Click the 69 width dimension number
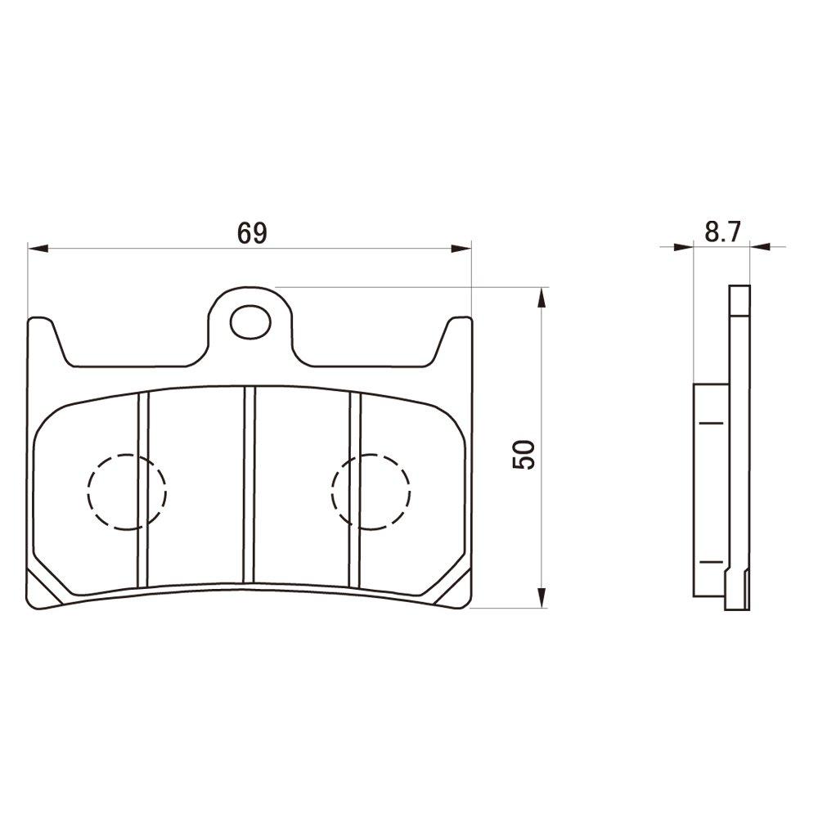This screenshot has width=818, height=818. [x=252, y=233]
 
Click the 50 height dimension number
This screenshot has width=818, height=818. [x=524, y=454]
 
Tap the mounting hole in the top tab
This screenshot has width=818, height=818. [x=249, y=322]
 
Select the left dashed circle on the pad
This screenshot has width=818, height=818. [x=127, y=492]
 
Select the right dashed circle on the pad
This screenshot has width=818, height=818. [x=371, y=492]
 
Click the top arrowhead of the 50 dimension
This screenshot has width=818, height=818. [x=541, y=295]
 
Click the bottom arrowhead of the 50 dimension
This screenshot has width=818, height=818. [x=541, y=600]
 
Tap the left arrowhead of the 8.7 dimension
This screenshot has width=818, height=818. [x=684, y=245]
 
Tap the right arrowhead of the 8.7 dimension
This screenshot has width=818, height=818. [x=758, y=245]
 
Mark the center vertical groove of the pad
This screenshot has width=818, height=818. [x=250, y=486]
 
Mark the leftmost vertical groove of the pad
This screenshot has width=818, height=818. [x=144, y=489]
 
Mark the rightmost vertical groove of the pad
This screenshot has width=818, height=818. [x=355, y=489]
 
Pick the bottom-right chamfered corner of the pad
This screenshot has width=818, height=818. [x=459, y=585]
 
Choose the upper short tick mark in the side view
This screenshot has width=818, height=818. [x=712, y=423]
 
